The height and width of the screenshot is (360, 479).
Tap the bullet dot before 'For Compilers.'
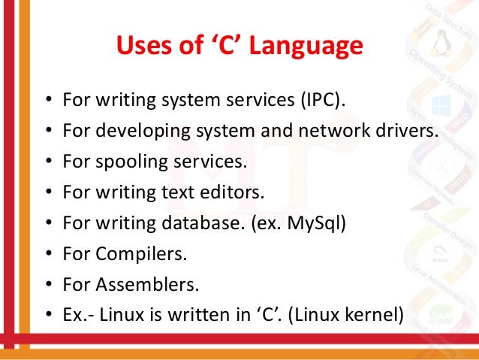tap(48, 255)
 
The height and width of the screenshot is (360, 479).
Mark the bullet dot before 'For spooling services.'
tap(48, 162)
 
